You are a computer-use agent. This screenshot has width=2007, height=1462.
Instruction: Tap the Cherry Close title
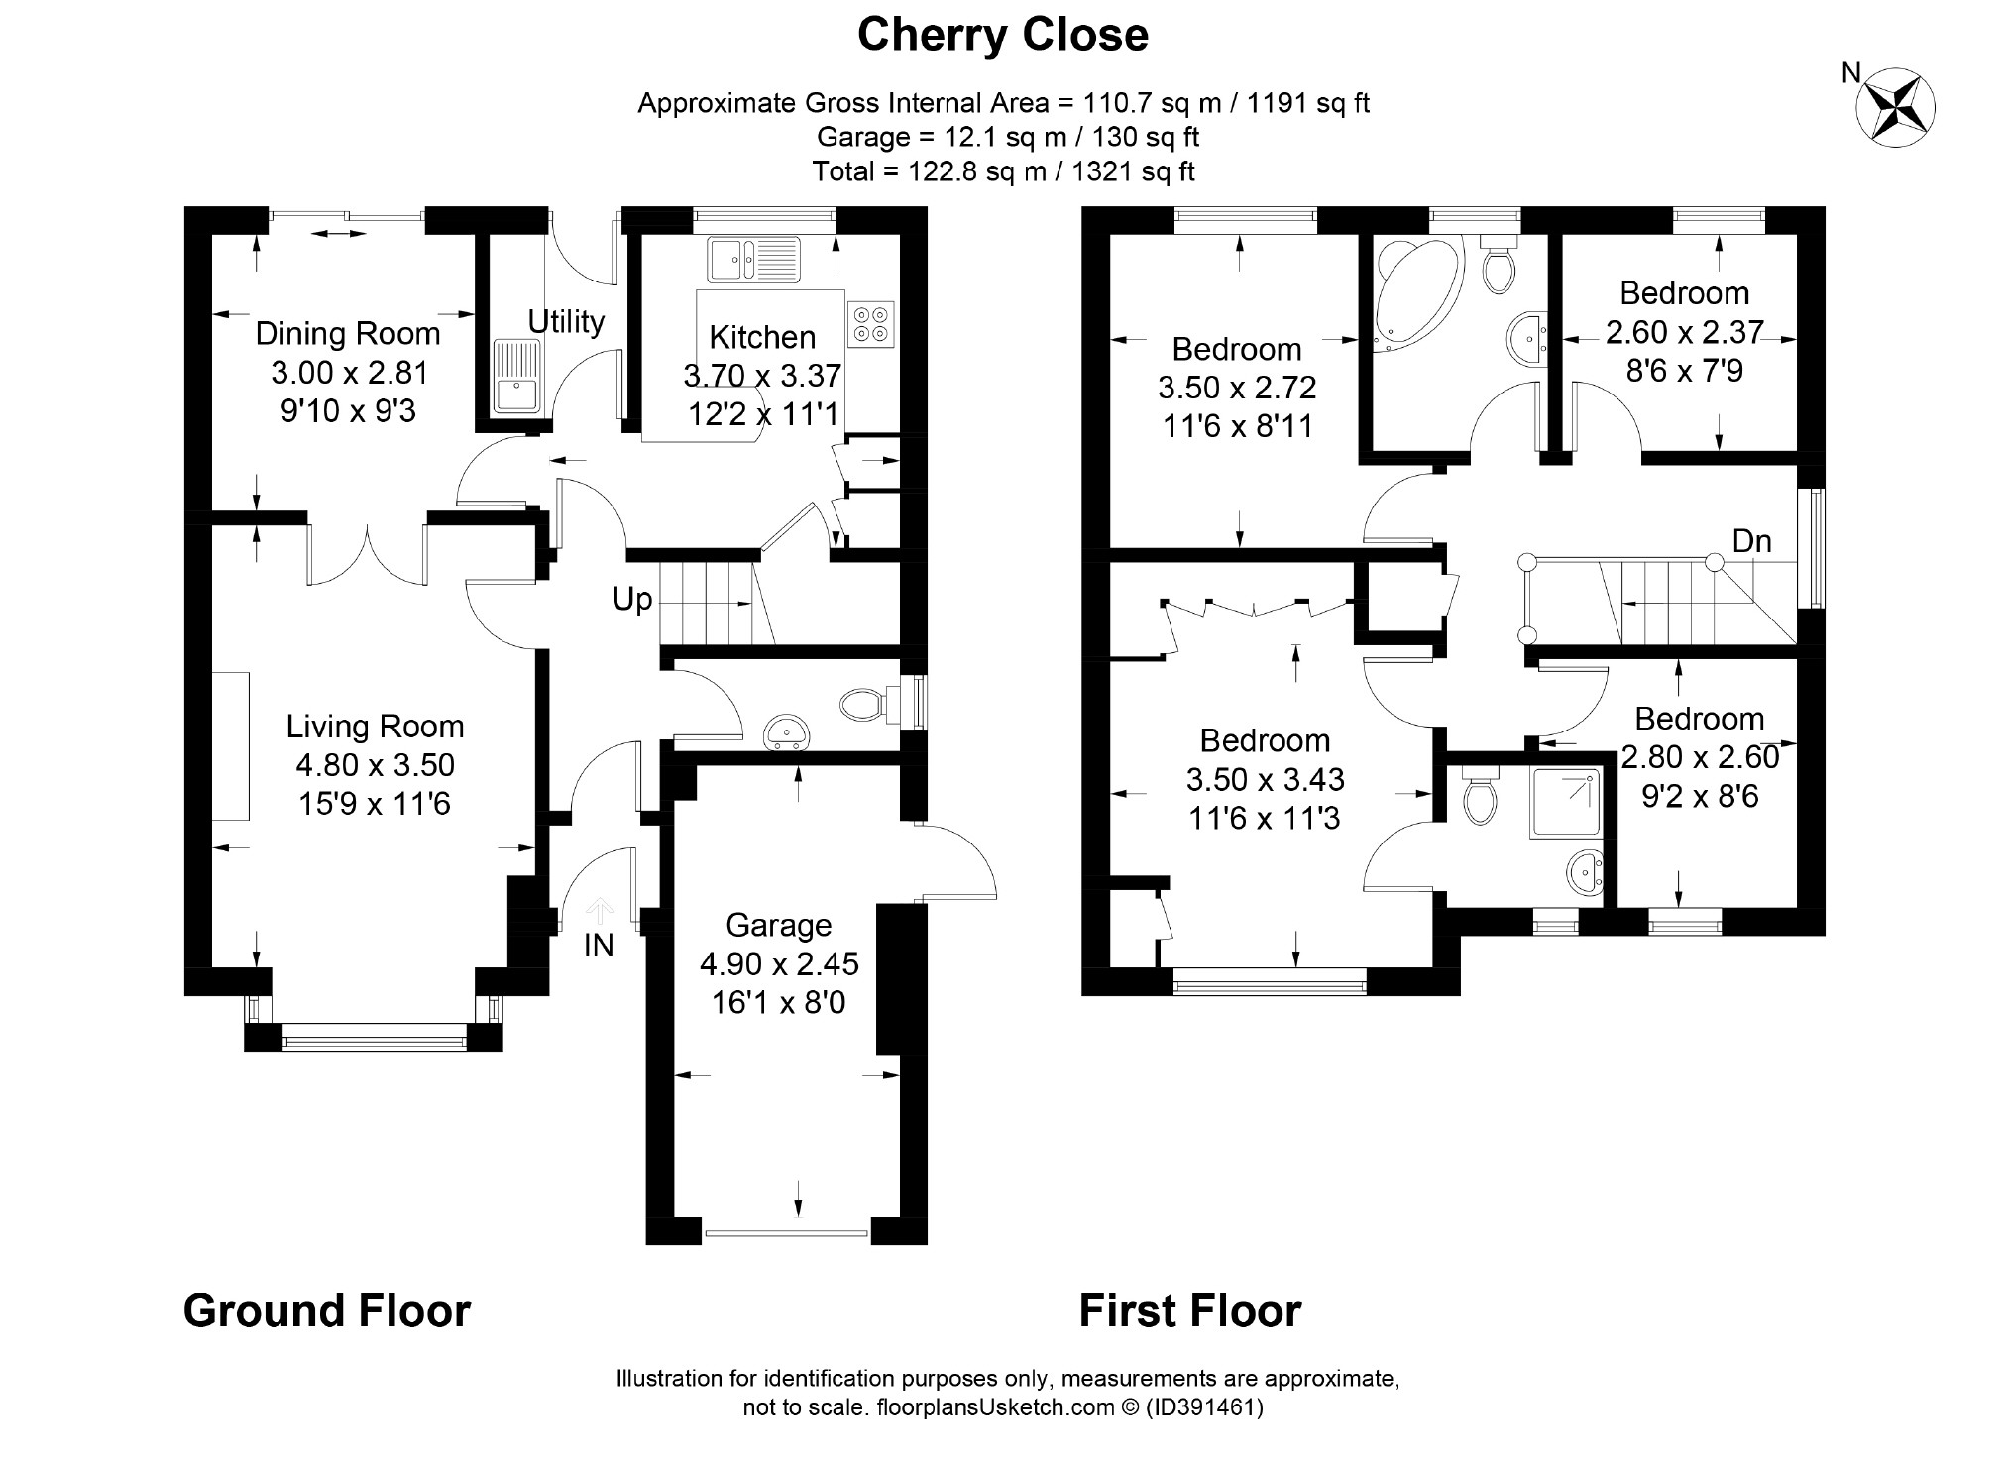pos(1003,35)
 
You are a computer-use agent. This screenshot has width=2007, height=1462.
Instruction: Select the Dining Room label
pos(348,333)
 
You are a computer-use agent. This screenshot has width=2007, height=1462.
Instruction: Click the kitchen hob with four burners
pos(871,323)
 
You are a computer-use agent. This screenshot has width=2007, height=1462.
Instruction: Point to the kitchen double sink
pos(753,259)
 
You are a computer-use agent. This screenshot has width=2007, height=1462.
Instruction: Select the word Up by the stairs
pos(632,600)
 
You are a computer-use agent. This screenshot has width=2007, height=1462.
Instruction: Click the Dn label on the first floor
pos(1751,541)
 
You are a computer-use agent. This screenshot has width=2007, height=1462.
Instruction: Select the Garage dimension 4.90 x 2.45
pos(779,963)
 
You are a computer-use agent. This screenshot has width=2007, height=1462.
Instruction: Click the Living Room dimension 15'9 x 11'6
pos(375,803)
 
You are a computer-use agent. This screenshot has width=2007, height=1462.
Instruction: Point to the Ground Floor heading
pos(327,1310)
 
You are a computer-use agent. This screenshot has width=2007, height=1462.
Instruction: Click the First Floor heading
pos(1190,1310)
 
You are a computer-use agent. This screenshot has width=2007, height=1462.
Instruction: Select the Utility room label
pos(566,322)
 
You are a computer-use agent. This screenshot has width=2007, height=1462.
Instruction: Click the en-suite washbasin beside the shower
pos(1586,873)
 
